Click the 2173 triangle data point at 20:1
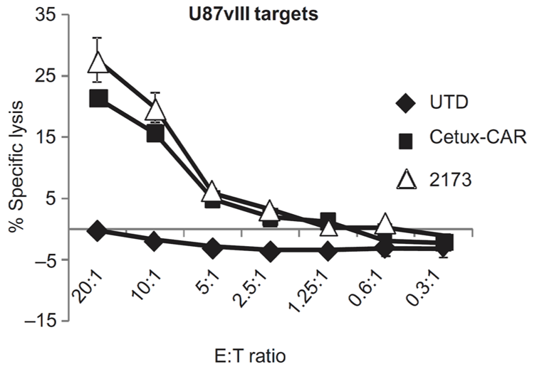[98, 61]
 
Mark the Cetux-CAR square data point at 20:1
[98, 98]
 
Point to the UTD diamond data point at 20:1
[98, 230]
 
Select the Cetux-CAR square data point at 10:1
[155, 133]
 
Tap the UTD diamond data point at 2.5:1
[270, 251]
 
